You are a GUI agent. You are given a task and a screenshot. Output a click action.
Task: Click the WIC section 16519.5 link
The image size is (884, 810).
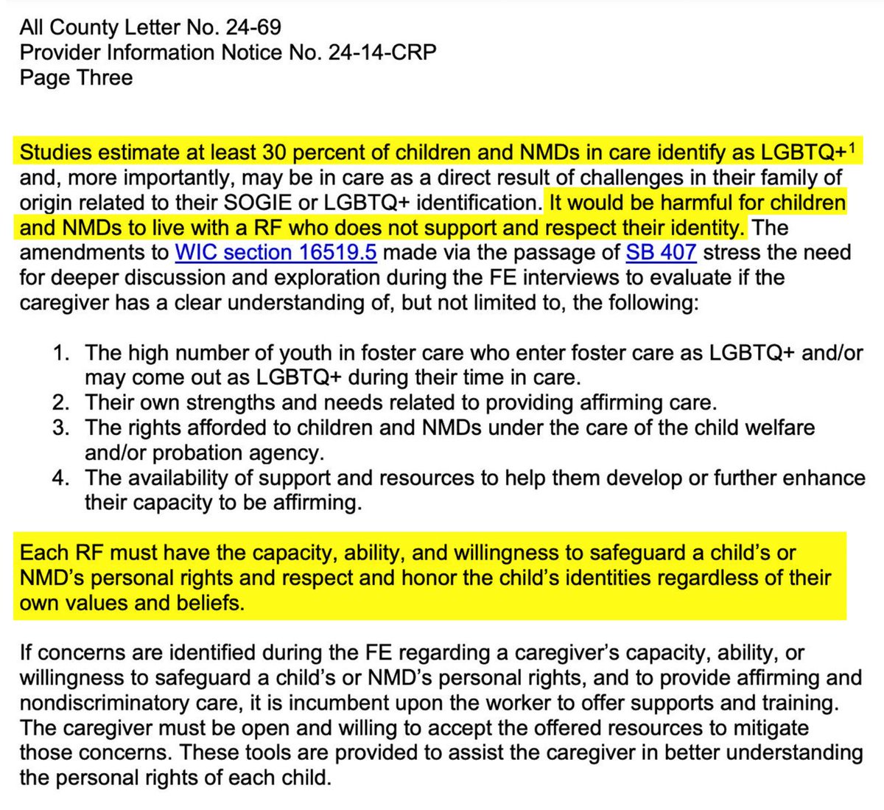pyautogui.click(x=276, y=253)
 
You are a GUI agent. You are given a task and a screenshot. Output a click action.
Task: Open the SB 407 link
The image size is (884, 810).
pyautogui.click(x=661, y=253)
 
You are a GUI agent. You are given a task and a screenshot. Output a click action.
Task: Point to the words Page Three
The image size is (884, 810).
pyautogui.click(x=76, y=78)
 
